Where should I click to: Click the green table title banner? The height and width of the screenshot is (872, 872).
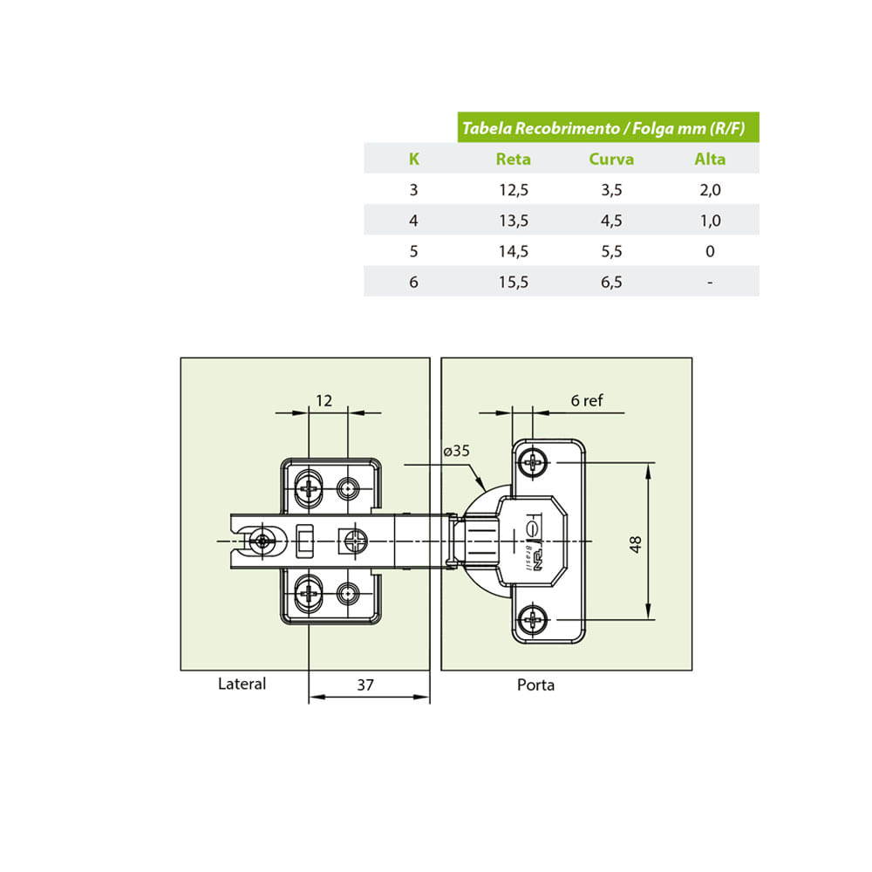(x=608, y=127)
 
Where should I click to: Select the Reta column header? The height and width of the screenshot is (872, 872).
(x=513, y=159)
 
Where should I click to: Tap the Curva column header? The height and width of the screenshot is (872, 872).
(x=611, y=159)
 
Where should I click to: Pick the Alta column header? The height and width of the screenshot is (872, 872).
(x=710, y=159)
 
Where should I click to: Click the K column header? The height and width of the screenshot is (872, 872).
(x=413, y=159)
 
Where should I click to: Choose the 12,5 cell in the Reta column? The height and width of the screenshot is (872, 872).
(x=514, y=190)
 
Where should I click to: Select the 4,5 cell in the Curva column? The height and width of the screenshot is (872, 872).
(x=611, y=221)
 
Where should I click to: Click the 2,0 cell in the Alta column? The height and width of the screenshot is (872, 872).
(x=710, y=190)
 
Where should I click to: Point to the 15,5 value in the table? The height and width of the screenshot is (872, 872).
(x=514, y=282)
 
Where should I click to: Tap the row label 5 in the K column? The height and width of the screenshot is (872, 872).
(x=413, y=251)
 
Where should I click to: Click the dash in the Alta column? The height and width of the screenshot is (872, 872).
(x=710, y=283)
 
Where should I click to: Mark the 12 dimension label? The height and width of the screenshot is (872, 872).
(x=324, y=400)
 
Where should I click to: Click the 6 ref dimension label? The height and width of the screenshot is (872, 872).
(x=587, y=400)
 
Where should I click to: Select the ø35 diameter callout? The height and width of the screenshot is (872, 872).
(x=457, y=451)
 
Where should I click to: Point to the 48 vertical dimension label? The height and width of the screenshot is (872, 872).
(x=635, y=544)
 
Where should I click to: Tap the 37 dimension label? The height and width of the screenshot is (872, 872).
(x=365, y=685)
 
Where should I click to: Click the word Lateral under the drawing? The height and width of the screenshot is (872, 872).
(x=242, y=684)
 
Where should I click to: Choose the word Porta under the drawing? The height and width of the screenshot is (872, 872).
(x=535, y=685)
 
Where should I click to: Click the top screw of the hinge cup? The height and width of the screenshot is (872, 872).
(x=533, y=462)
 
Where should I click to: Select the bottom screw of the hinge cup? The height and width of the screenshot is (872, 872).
(x=533, y=618)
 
